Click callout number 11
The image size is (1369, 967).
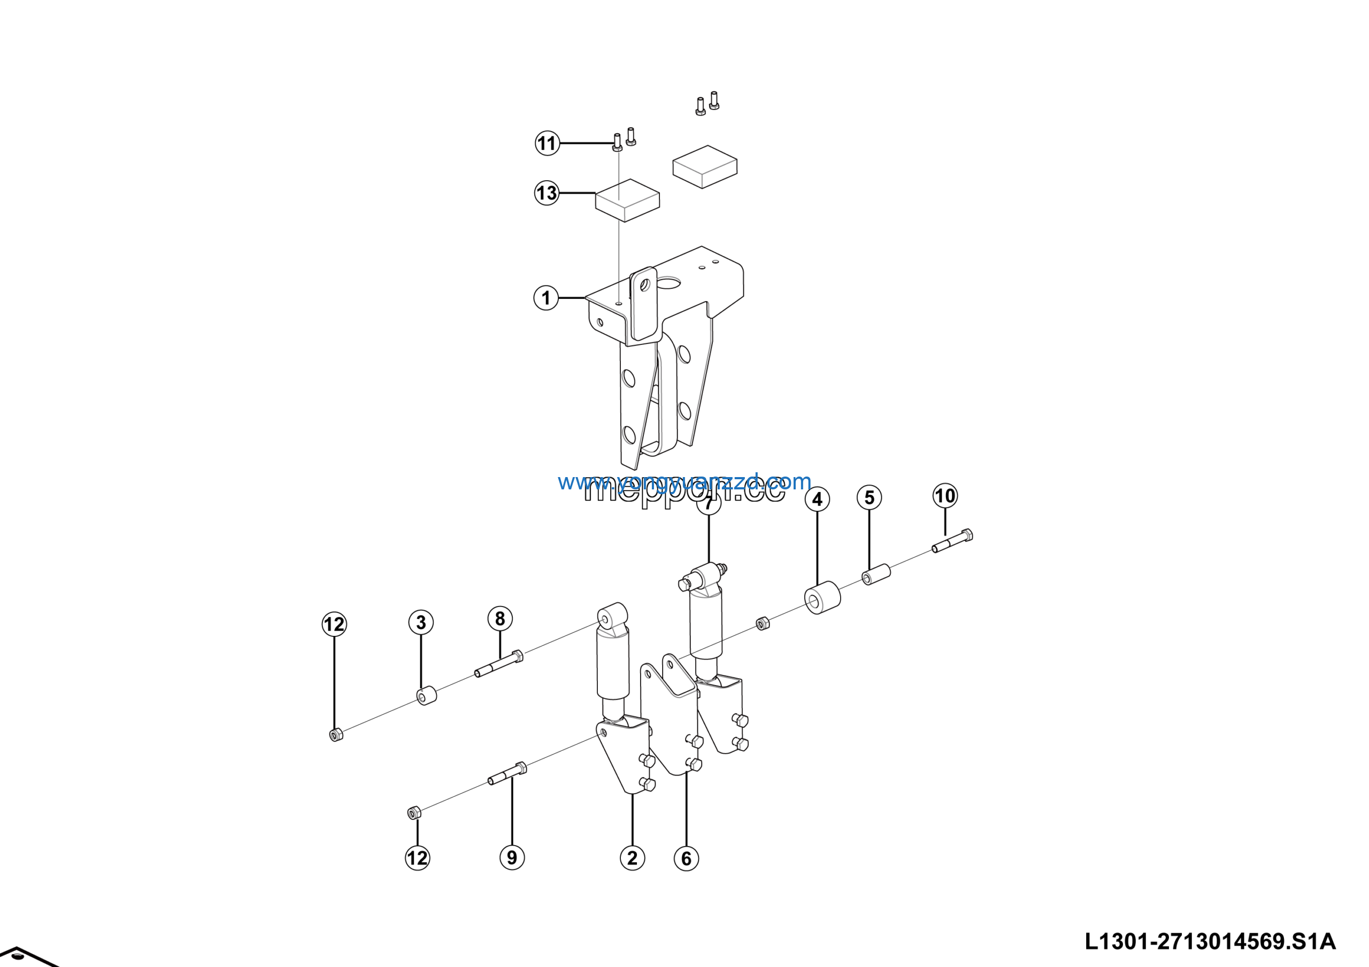pos(547,143)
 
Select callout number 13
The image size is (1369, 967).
pos(546,193)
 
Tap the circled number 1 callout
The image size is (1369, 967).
pos(545,297)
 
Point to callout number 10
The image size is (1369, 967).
pos(944,495)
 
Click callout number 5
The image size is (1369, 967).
pos(869,497)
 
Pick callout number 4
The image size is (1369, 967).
pos(817,499)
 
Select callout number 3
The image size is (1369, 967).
pos(421,623)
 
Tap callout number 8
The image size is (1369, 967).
pos(499,618)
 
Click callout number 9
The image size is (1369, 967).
pos(512,857)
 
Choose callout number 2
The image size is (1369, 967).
pos(632,858)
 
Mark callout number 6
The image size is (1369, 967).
pos(686,858)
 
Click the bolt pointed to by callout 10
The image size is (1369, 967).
pos(952,541)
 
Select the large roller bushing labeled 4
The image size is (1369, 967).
pos(822,597)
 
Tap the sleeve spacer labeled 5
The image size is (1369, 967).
pos(876,575)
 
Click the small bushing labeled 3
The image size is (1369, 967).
pos(426,696)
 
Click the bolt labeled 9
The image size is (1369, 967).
pos(507,774)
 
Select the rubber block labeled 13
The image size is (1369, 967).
pos(627,201)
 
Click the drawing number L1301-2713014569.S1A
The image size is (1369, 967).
pos(1210,941)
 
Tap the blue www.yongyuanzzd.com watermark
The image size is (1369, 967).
pos(684,481)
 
